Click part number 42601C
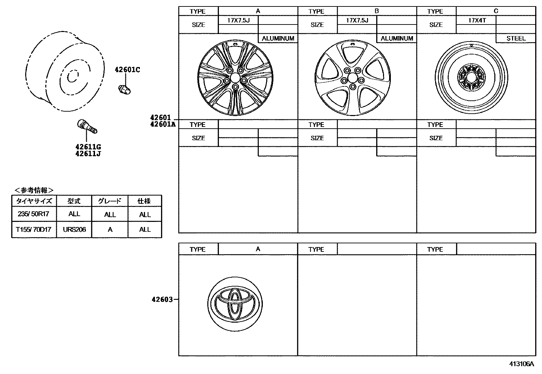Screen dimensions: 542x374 (127, 70)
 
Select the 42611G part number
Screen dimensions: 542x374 (88, 147)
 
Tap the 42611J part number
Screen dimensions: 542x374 (88, 153)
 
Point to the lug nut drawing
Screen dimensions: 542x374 (125, 90)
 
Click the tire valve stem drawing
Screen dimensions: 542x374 (87, 126)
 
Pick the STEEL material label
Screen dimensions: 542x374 (516, 38)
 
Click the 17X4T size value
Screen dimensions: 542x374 (477, 20)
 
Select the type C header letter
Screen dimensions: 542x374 (496, 11)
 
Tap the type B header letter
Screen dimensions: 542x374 (377, 11)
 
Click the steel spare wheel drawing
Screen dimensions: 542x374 (471, 77)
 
